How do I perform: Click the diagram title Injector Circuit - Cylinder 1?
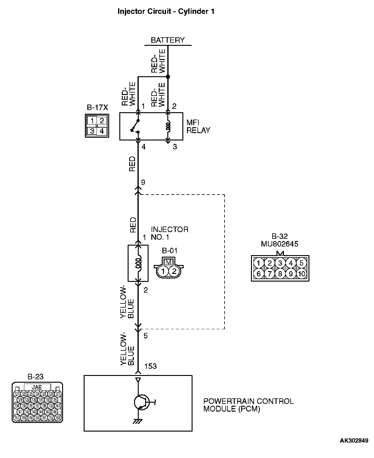166,12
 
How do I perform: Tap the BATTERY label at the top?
168,40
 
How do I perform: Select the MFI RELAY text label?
198,126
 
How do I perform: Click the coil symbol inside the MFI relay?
168,126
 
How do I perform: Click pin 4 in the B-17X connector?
102,131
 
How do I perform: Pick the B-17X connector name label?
97,108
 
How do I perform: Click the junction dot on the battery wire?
168,77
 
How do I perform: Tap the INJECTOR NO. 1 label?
169,233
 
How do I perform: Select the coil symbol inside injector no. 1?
138,263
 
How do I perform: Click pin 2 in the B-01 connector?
174,271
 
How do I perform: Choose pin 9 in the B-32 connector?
291,274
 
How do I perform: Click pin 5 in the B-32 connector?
301,263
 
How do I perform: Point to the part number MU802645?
280,244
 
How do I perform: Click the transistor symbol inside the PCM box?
141,402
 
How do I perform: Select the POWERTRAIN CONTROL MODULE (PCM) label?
249,405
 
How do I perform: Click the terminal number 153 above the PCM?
150,366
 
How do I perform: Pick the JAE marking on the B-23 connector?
37,387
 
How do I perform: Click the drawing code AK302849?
354,441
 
